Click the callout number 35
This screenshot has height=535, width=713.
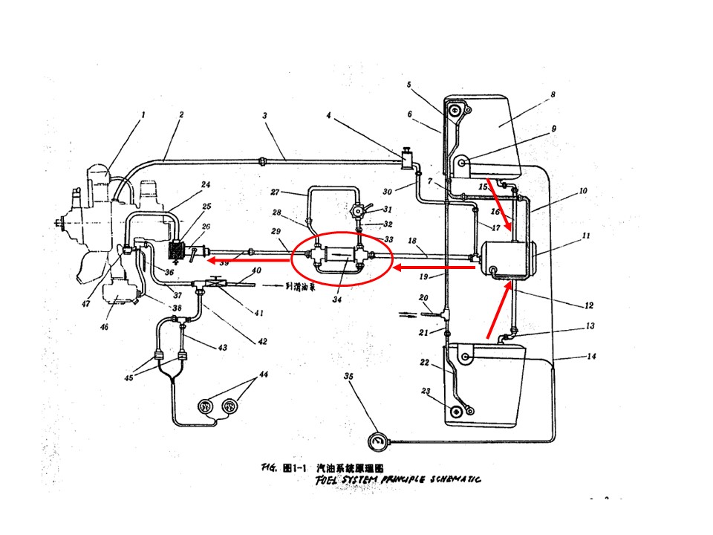coord(349,376)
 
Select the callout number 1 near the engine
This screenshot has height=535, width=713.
coord(143,115)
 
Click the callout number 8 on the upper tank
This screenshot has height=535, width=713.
coord(553,95)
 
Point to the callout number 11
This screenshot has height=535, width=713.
coord(585,236)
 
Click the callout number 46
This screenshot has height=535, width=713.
coord(104,326)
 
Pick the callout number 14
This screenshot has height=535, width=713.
coord(591,357)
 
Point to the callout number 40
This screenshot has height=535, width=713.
coord(256,270)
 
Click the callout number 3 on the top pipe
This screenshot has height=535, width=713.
coord(265,116)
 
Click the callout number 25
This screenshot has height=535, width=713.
coord(206,207)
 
